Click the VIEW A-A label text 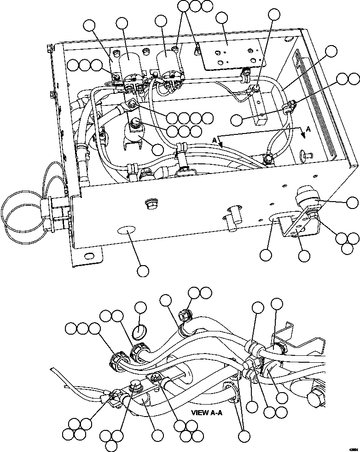[x=207, y=412]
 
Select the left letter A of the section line [x=215, y=139]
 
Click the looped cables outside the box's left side [x=21, y=209]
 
